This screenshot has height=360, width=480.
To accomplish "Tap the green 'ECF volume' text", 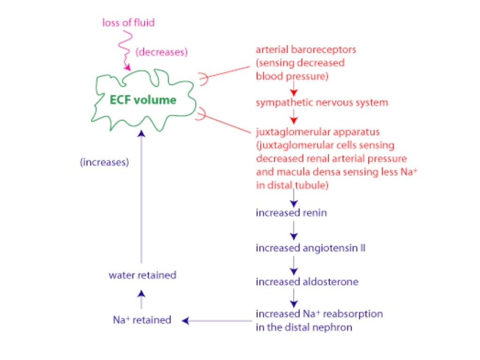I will pyautogui.click(x=143, y=100).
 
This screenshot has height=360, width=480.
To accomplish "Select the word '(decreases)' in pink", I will pyautogui.click(x=161, y=52).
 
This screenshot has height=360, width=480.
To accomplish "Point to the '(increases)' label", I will pyautogui.click(x=104, y=163).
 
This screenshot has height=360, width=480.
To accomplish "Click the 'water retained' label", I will pyautogui.click(x=142, y=275).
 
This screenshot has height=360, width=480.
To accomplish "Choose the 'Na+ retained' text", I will pyautogui.click(x=142, y=320).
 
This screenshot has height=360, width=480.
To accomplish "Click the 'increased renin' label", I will pyautogui.click(x=291, y=213).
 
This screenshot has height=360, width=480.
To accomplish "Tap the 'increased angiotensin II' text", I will pyautogui.click(x=310, y=248).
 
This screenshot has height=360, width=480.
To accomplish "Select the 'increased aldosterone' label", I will pyautogui.click(x=307, y=282).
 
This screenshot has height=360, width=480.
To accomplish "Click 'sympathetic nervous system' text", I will pyautogui.click(x=322, y=103).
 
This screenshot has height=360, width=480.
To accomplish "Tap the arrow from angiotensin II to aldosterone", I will pyautogui.click(x=294, y=265).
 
